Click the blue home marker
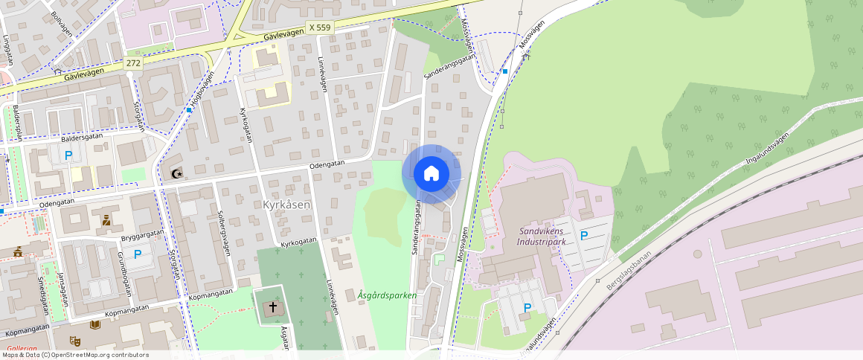[431, 174]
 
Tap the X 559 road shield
[319, 28]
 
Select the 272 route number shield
[133, 63]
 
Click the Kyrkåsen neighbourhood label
[286, 204]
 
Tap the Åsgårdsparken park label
[387, 295]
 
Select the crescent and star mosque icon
[176, 173]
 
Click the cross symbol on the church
[273, 306]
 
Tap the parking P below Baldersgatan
[68, 155]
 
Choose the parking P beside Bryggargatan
[138, 254]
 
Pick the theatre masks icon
[74, 340]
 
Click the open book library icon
[94, 324]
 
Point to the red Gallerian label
[22, 348]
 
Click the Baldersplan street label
[16, 123]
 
